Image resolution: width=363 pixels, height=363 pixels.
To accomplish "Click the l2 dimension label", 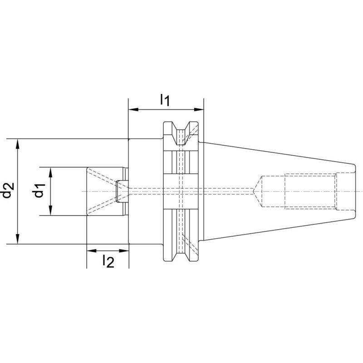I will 108,261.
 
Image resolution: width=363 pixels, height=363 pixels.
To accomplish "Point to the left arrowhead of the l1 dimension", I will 132,109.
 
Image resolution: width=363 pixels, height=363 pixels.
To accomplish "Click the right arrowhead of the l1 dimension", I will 200,109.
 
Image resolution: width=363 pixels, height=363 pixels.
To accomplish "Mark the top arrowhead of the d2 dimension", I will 18,142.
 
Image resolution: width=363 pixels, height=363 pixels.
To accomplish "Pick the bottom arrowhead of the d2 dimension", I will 18,240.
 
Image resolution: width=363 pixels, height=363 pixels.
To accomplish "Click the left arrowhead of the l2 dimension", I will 90,250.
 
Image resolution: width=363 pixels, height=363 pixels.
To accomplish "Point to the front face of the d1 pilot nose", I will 87,191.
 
